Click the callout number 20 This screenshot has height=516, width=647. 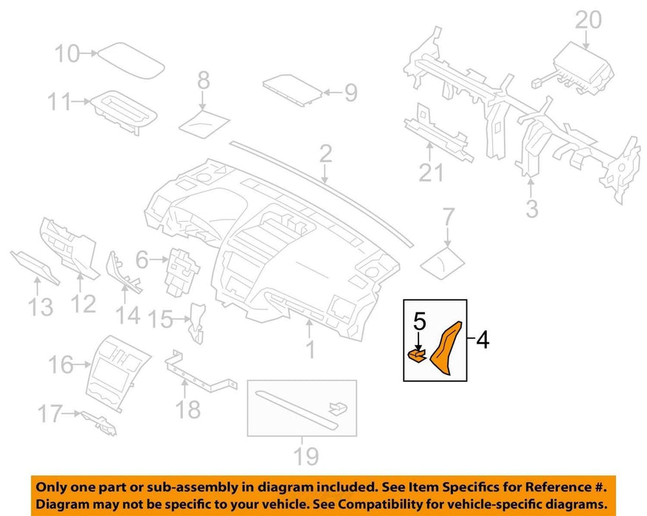[x=588, y=20]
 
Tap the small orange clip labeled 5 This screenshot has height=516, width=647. [x=416, y=355]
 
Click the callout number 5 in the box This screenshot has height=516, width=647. [x=419, y=321]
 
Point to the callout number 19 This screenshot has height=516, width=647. [x=305, y=456]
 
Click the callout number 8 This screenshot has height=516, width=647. [x=204, y=80]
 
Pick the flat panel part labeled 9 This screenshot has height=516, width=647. [x=292, y=90]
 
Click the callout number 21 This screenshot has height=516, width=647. [x=431, y=172]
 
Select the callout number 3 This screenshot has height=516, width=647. [x=532, y=209]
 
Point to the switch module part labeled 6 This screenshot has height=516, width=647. [x=181, y=271]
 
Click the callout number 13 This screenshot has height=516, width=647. [x=41, y=307]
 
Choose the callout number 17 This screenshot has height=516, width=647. [x=49, y=414]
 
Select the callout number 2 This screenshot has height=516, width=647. [x=325, y=154]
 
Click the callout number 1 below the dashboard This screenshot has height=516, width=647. [x=311, y=350]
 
